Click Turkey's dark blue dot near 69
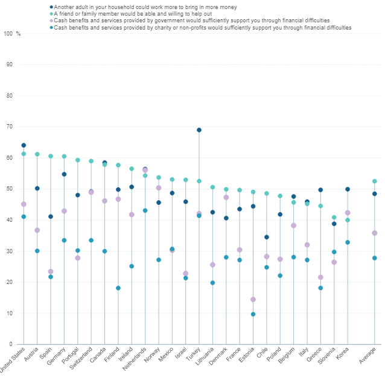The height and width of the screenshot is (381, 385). click(x=199, y=130)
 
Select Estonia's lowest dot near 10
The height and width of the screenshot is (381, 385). click(x=253, y=314)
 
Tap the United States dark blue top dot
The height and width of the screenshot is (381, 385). click(x=24, y=145)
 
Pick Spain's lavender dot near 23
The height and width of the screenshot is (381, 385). click(x=51, y=271)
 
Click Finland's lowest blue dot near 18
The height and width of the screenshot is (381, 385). click(x=118, y=288)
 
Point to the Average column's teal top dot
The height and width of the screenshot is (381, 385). click(x=374, y=181)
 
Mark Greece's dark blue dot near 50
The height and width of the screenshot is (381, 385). click(x=320, y=190)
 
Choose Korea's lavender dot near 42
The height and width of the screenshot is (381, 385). click(x=347, y=213)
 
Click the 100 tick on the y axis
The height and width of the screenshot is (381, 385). click(x=8, y=34)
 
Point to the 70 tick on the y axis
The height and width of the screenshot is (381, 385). click(x=10, y=127)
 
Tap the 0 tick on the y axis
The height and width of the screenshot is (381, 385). click(x=11, y=345)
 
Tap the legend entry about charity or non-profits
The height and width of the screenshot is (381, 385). click(x=202, y=28)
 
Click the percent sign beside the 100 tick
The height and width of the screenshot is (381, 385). click(x=19, y=34)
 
